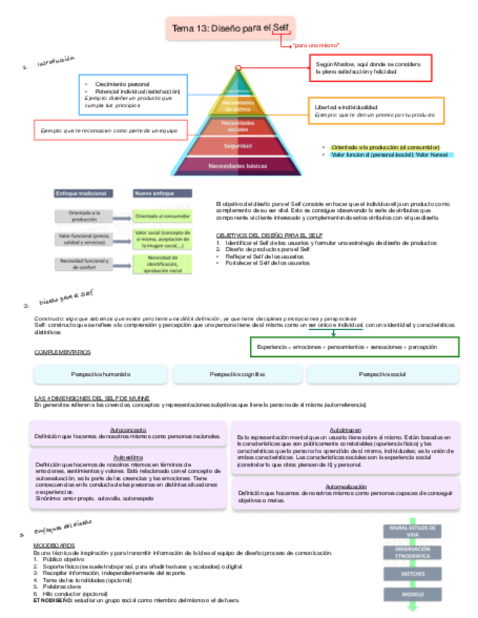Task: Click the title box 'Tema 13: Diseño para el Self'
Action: (x=228, y=28)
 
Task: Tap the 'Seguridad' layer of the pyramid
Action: (x=238, y=146)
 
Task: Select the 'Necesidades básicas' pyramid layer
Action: (x=238, y=166)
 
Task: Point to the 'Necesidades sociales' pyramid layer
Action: (x=238, y=126)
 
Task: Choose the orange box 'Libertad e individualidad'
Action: (x=375, y=111)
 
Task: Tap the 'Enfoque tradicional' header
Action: (x=83, y=194)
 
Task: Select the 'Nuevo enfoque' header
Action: (x=161, y=194)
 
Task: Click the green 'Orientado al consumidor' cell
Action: (x=161, y=216)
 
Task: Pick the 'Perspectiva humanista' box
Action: (x=101, y=374)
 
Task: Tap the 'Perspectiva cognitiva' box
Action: (x=237, y=374)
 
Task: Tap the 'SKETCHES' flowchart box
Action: (x=412, y=574)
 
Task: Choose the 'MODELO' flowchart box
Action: (x=412, y=594)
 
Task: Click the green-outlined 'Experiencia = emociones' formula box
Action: (x=355, y=347)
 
